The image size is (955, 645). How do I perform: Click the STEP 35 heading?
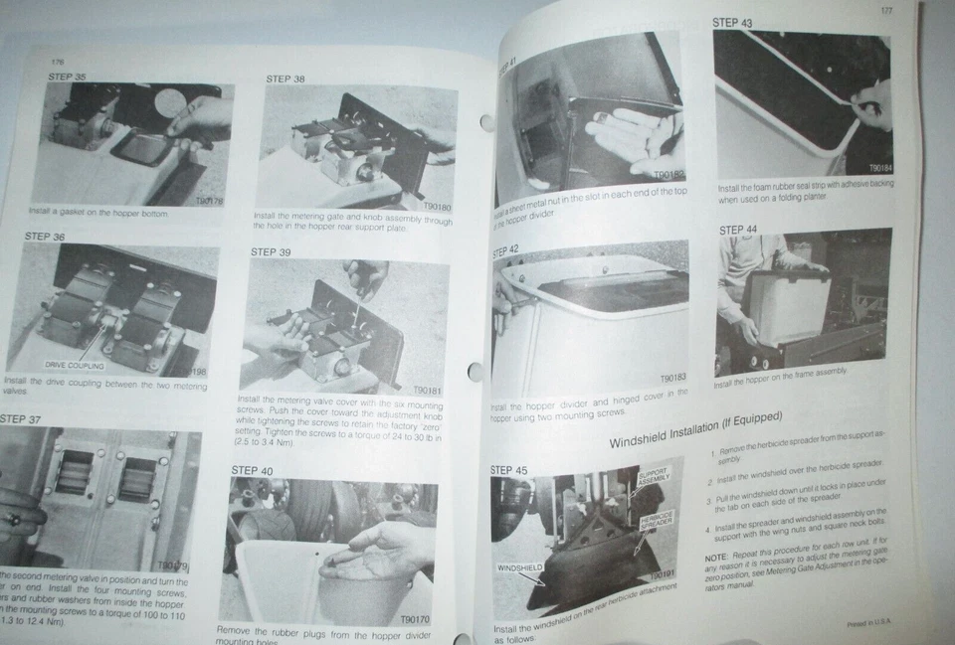(x=67, y=76)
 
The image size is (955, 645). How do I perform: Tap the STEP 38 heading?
(x=286, y=79)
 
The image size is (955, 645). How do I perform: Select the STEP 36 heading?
(x=44, y=237)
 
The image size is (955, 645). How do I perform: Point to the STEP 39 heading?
(x=271, y=252)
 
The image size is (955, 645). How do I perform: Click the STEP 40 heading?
(x=252, y=470)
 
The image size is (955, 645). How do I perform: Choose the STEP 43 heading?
(x=732, y=22)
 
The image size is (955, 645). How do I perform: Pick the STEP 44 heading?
(x=738, y=230)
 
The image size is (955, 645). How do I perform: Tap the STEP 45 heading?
(x=509, y=470)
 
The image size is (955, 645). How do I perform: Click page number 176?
(x=58, y=61)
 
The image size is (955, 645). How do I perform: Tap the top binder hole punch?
(x=487, y=123)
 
